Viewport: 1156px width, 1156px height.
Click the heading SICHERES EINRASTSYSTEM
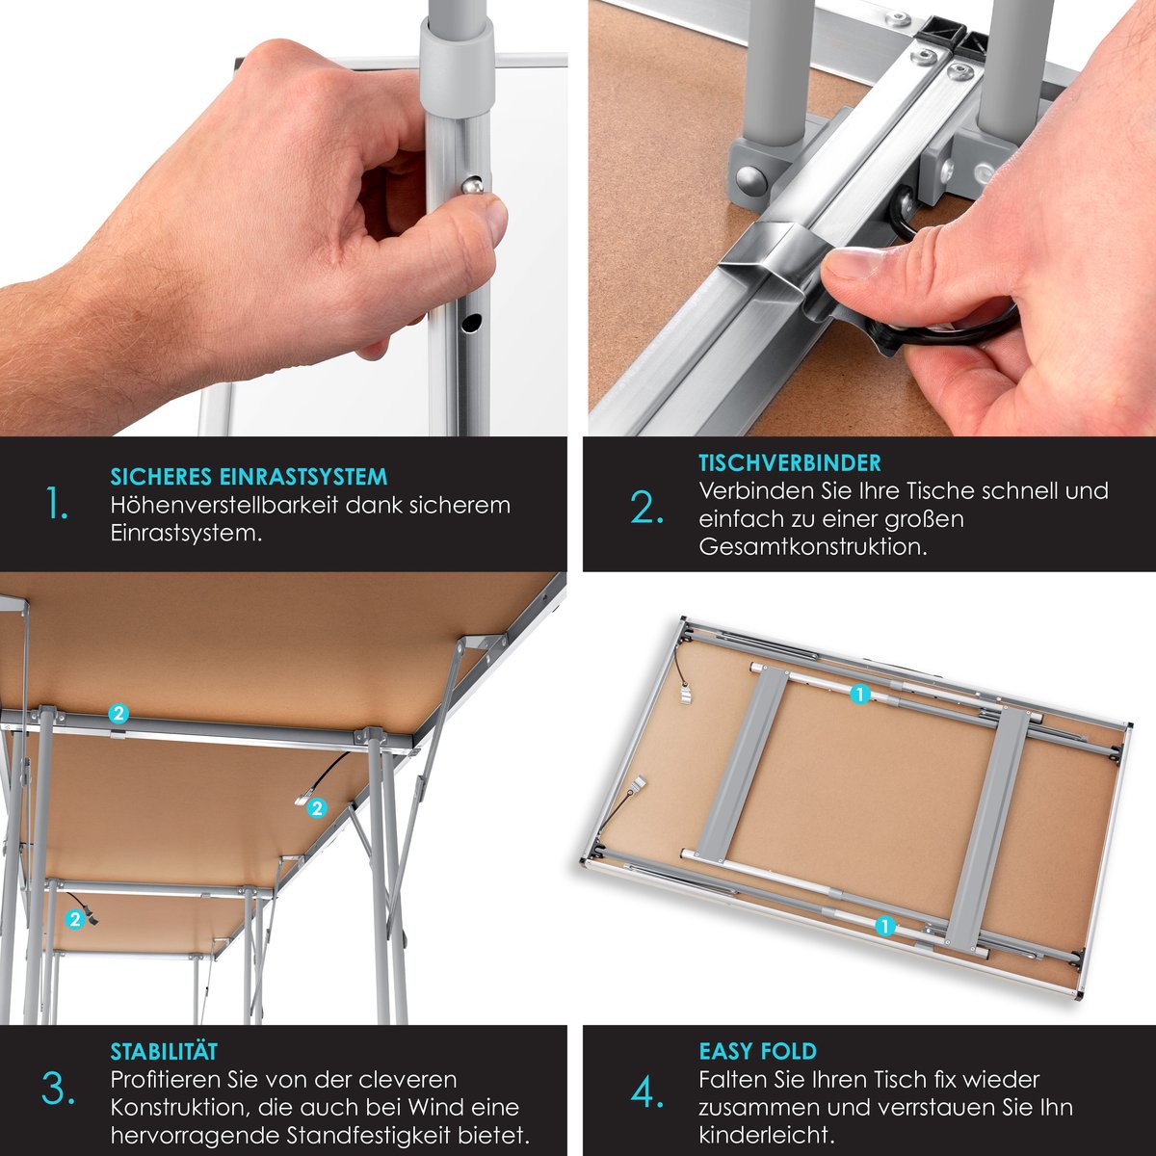(249, 477)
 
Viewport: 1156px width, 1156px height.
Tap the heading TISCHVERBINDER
(790, 463)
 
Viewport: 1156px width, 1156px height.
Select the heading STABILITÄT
(164, 1051)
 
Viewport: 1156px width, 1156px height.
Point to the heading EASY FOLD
(757, 1051)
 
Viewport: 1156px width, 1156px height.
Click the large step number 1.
(58, 504)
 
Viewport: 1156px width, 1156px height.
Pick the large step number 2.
(646, 509)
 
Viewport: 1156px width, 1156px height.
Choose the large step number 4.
(646, 1093)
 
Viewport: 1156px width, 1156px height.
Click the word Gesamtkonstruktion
(812, 547)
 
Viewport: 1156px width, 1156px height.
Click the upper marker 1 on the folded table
(860, 694)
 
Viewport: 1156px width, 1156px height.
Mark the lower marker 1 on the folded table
(885, 926)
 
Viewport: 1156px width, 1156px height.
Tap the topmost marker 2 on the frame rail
(118, 713)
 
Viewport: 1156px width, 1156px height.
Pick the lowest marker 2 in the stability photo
(75, 919)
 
